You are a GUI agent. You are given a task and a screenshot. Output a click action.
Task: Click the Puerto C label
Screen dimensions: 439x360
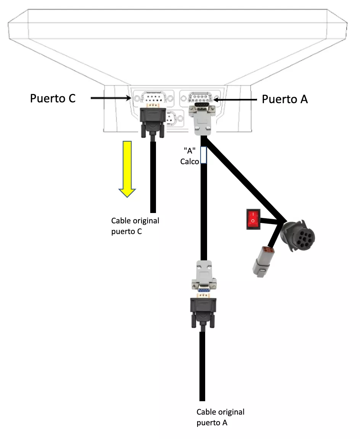pyautogui.click(x=53, y=98)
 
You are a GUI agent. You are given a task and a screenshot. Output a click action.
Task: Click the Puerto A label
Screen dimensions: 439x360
pyautogui.click(x=284, y=99)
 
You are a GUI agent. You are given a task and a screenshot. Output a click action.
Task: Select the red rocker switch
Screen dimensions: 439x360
pyautogui.click(x=253, y=219)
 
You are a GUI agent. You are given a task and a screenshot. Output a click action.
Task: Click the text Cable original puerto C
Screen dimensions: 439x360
pyautogui.click(x=135, y=226)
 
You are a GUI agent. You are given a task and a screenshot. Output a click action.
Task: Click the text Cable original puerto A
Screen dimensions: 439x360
pyautogui.click(x=220, y=417)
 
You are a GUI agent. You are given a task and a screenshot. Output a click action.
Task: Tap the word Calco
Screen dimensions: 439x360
pyautogui.click(x=190, y=161)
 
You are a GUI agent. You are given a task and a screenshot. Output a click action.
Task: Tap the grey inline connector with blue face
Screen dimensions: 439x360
pyautogui.click(x=204, y=279)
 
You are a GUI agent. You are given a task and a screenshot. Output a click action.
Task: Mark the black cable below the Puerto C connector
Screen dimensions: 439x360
pyautogui.click(x=153, y=176)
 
